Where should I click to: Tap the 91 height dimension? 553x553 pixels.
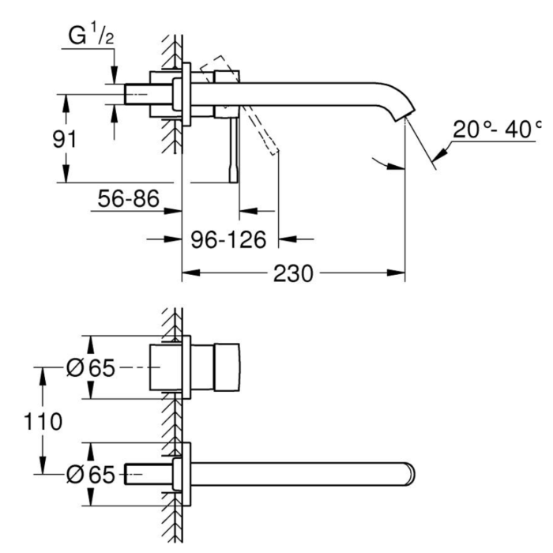coord(65,139)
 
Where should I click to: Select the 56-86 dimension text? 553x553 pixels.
coord(128,198)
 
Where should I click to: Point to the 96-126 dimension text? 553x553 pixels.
coord(228,240)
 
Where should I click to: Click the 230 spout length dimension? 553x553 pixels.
coord(293,273)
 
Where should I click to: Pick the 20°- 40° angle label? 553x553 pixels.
coord(497,129)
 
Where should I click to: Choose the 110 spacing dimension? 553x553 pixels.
coord(43,421)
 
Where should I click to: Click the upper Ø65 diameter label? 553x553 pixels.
coord(91,368)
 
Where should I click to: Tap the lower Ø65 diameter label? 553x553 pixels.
coord(91,474)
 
